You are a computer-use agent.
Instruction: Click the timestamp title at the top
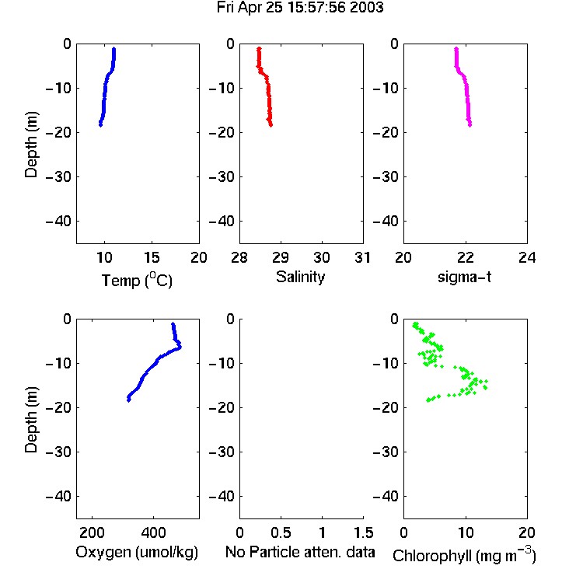(300, 8)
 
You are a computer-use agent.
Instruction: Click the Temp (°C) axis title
(137, 280)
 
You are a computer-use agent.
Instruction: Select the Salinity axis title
(300, 277)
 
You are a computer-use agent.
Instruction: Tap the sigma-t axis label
(464, 277)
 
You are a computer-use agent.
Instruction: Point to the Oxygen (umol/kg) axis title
(137, 552)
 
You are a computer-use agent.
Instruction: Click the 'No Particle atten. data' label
(300, 552)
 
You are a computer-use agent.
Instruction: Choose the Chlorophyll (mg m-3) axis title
(464, 555)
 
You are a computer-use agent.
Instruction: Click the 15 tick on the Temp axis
(152, 257)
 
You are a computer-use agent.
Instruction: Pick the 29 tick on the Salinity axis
(281, 257)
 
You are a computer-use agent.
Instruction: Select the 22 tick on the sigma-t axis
(465, 257)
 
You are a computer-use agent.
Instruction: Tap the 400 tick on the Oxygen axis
(153, 532)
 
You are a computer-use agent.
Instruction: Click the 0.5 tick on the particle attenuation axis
(281, 532)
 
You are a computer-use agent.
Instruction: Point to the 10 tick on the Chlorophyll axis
(465, 532)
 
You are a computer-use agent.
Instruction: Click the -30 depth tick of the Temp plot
(58, 176)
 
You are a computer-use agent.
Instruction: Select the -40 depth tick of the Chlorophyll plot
(386, 496)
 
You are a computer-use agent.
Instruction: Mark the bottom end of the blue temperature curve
(100, 125)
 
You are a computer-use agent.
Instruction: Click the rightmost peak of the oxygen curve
(180, 347)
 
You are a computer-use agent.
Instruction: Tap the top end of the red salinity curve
(259, 48)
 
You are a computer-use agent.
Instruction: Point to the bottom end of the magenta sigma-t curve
(470, 125)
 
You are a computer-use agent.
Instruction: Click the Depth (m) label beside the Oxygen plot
(31, 420)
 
